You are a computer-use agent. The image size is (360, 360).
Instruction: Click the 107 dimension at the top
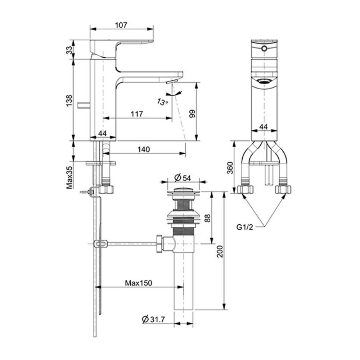tap(121, 25)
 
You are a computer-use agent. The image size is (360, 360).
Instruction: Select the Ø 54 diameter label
tap(183, 177)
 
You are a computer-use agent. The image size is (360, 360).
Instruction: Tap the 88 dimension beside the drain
tap(207, 218)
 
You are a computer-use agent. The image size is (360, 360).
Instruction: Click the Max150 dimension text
tap(139, 283)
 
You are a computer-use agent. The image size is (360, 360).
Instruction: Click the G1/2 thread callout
tap(245, 227)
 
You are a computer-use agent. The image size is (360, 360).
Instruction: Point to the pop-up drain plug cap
tap(183, 191)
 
